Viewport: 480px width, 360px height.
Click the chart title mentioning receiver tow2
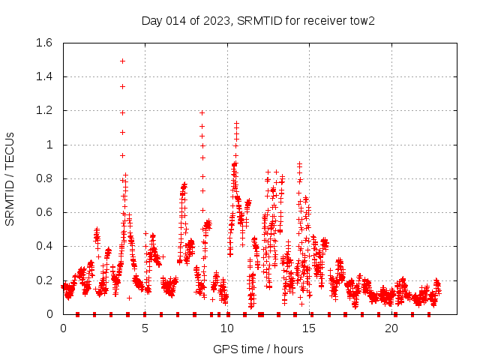(258, 20)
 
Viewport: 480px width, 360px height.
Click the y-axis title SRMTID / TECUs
(10, 178)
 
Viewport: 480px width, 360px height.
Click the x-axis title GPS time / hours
(258, 349)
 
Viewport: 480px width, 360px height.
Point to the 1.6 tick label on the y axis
(43, 43)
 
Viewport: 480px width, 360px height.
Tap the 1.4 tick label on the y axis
(43, 76)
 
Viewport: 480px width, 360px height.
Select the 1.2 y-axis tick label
(43, 110)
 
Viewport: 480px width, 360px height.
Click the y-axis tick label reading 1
(49, 145)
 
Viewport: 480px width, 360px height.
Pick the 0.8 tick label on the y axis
(43, 178)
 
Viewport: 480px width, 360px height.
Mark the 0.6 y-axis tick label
(43, 212)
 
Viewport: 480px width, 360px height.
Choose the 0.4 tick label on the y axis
(43, 246)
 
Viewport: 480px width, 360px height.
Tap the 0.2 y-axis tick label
(43, 280)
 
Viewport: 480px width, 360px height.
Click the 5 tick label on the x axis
(145, 328)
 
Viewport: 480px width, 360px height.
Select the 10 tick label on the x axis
(227, 328)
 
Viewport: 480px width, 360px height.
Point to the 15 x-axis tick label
(310, 328)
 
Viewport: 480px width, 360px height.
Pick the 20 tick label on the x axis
(391, 328)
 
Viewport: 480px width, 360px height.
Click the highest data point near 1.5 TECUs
(122, 61)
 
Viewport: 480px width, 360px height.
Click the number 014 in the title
(175, 20)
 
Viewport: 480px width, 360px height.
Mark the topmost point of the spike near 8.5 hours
(202, 112)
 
